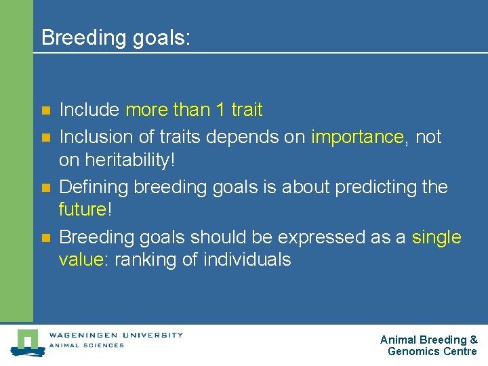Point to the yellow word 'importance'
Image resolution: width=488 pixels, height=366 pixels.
357,137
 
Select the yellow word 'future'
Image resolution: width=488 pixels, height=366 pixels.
82,209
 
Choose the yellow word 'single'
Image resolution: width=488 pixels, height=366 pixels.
436,237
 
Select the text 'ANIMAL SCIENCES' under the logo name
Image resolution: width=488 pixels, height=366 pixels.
86,346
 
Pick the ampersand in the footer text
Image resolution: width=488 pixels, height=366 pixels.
473,340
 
